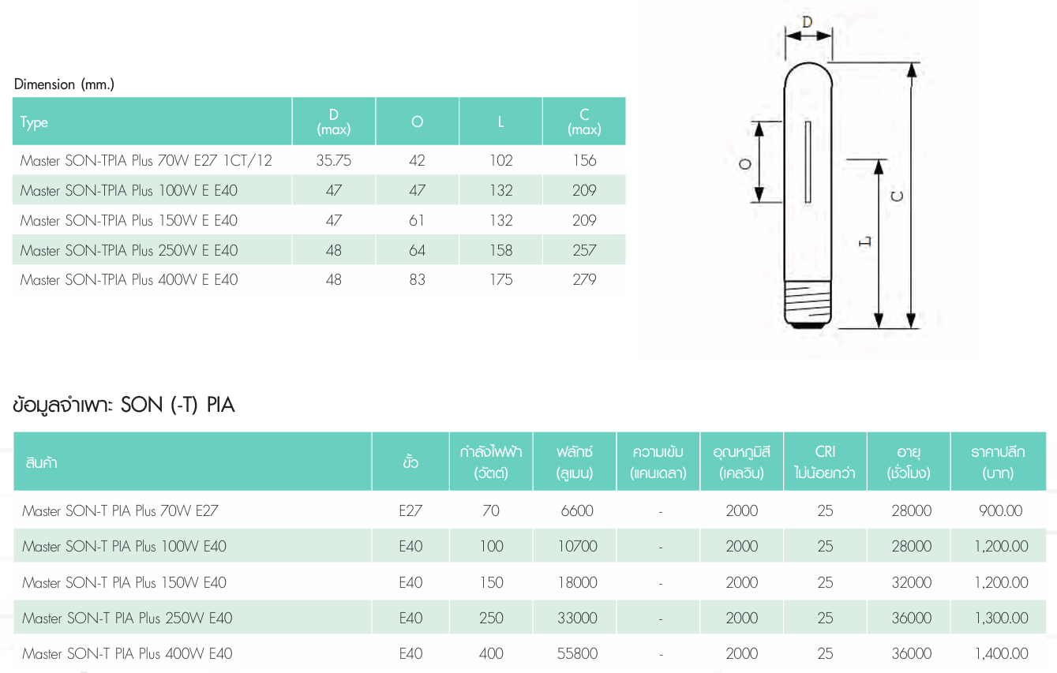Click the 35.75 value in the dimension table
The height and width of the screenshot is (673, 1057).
tap(334, 160)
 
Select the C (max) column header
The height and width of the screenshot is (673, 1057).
tap(584, 122)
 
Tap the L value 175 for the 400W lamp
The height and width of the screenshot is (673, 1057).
tap(500, 279)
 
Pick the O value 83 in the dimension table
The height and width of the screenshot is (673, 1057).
tap(417, 279)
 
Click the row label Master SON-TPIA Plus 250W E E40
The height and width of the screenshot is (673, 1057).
tap(129, 250)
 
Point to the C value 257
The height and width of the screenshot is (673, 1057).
tap(584, 250)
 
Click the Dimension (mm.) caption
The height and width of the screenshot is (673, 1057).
tap(64, 84)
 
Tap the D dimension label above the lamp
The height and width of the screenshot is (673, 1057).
tap(808, 21)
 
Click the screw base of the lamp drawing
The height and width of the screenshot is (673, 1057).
tap(808, 305)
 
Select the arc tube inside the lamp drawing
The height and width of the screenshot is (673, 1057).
tap(808, 162)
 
